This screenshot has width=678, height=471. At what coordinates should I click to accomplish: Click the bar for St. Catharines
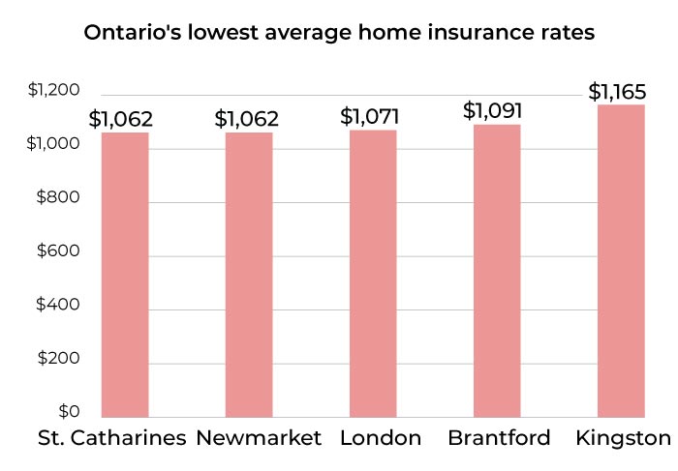(125, 275)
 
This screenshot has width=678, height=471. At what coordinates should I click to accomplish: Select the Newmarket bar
(249, 275)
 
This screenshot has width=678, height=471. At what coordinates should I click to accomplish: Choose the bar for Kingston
(621, 261)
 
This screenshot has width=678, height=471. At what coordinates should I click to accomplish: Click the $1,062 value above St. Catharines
(121, 119)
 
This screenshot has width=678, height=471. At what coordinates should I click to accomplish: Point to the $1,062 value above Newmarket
(246, 119)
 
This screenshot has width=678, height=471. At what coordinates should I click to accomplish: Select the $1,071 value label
(370, 117)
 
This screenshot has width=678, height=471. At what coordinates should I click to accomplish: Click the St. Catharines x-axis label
(111, 438)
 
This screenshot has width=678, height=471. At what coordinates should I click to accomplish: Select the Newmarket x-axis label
(259, 438)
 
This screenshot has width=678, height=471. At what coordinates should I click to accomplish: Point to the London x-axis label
(381, 438)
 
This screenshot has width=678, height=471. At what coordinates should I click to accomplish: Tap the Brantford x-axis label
(499, 438)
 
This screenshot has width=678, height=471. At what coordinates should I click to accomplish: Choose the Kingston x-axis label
(623, 438)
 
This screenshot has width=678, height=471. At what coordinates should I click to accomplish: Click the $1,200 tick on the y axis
(52, 91)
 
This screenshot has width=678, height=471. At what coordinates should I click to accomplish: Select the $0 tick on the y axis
(67, 411)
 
